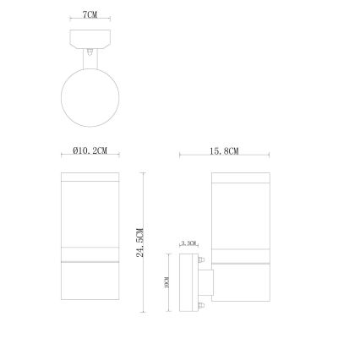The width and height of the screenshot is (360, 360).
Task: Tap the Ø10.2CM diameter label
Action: (x=90, y=150)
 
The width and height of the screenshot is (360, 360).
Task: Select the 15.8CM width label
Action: (x=224, y=150)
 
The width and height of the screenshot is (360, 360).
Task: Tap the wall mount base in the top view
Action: (x=90, y=38)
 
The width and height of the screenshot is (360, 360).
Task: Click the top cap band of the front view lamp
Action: (x=90, y=178)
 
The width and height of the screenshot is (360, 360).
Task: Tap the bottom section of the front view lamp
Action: (x=90, y=279)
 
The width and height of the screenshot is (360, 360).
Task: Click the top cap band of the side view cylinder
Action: (x=240, y=178)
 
